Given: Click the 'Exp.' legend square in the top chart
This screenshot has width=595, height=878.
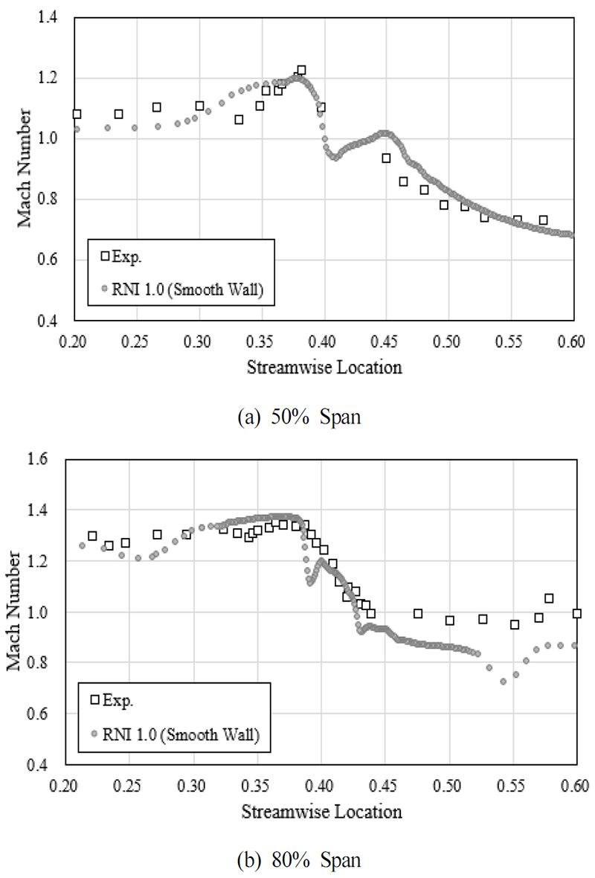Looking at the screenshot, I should click(106, 256).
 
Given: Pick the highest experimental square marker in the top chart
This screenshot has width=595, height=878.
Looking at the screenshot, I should click(301, 70).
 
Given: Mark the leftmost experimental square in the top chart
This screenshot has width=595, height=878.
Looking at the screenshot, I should click(76, 114).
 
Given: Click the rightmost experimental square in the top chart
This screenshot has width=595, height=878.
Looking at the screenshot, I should click(543, 219).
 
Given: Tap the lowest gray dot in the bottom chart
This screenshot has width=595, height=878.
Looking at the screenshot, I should click(504, 681).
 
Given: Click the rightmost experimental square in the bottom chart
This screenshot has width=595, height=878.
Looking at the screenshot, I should click(576, 613).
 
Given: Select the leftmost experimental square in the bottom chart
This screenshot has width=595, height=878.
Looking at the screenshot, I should click(92, 536).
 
